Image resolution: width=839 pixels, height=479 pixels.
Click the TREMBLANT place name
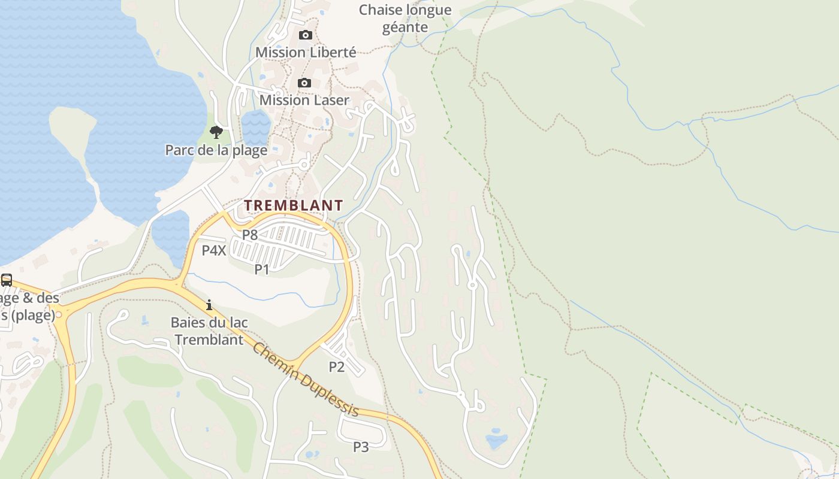[x=294, y=205]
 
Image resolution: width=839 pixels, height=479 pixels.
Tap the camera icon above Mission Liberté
[x=306, y=35]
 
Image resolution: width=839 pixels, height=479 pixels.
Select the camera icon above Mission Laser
[x=304, y=83]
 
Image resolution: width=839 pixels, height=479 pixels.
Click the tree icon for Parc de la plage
[x=216, y=132]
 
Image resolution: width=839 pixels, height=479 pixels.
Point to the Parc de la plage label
[x=216, y=150]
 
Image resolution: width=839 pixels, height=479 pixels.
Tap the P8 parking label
[x=250, y=235]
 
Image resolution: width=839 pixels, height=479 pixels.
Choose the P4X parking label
[x=214, y=250]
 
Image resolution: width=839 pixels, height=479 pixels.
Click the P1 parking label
[x=262, y=269]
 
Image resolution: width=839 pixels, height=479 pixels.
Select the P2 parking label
[x=337, y=366]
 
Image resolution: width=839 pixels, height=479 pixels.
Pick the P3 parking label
[x=361, y=447]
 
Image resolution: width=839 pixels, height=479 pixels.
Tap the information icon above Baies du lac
[x=209, y=305]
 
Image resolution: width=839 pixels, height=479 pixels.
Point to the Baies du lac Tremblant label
[x=209, y=331]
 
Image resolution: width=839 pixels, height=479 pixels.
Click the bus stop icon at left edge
[x=7, y=280]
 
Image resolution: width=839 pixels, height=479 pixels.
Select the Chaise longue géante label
[x=405, y=19]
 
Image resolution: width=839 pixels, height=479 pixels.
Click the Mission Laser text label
[x=304, y=100]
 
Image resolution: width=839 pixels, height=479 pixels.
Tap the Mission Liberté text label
[x=306, y=52]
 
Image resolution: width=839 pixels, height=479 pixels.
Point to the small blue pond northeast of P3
[x=496, y=442]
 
